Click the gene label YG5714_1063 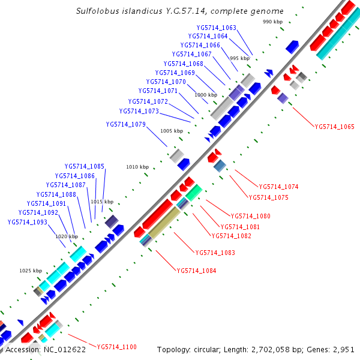(x=217, y=28)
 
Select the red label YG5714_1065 (x=334, y=127)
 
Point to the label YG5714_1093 (x=27, y=221)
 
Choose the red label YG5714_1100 (x=117, y=347)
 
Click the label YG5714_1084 (x=196, y=271)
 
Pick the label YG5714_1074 (x=278, y=187)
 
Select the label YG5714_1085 (x=85, y=166)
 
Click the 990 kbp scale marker (x=272, y=22)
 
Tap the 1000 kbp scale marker (x=205, y=95)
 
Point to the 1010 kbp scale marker (x=136, y=167)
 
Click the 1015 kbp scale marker (x=102, y=202)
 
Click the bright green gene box (x=193, y=193)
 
